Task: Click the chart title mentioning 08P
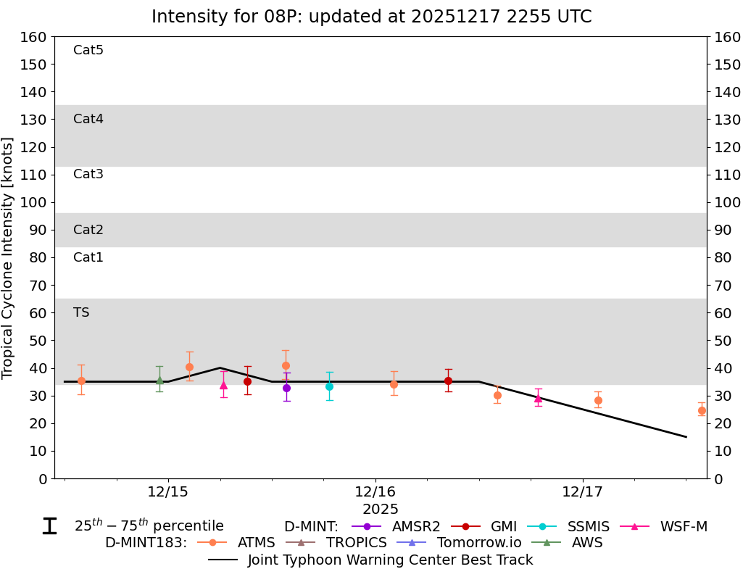click(371, 17)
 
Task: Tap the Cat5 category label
click(88, 50)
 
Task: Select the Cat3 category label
click(88, 174)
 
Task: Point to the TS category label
click(81, 312)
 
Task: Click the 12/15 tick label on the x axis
click(168, 491)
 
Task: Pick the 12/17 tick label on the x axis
click(583, 491)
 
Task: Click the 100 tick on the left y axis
click(36, 202)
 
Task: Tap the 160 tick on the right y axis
click(726, 37)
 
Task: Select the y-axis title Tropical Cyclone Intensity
click(8, 257)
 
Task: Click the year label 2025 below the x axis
click(381, 510)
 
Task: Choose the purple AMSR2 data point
click(286, 388)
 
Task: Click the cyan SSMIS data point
click(329, 386)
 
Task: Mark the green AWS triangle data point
click(159, 380)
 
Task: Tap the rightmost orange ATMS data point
click(702, 410)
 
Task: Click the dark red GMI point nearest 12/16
click(448, 381)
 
